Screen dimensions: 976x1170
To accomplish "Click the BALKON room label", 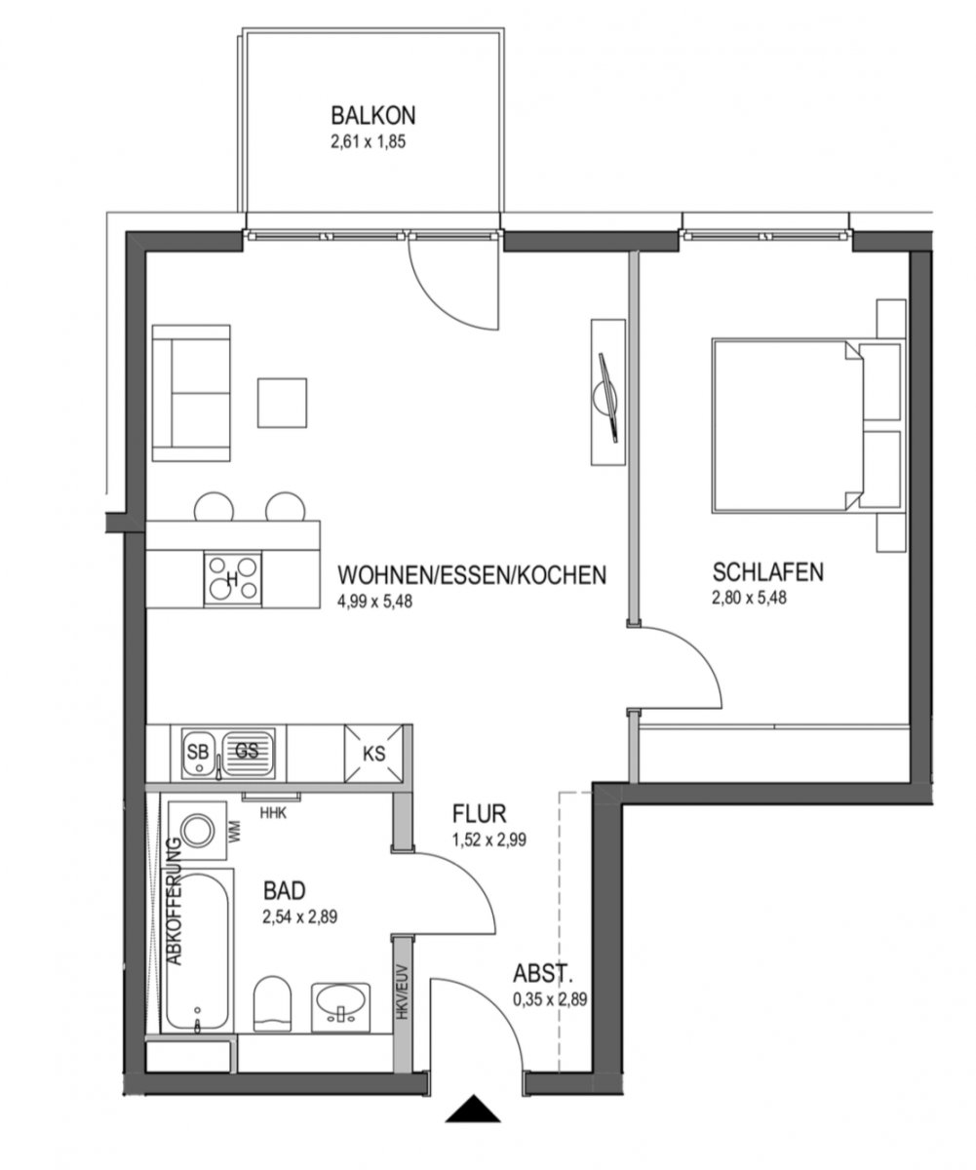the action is (x=373, y=115).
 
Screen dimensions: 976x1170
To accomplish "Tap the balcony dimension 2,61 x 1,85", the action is (x=369, y=142).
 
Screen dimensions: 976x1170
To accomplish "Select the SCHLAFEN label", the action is (x=767, y=572).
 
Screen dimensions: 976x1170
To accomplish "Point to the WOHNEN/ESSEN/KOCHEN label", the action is (x=472, y=575).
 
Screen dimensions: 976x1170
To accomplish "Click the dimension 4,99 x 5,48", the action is (x=374, y=602).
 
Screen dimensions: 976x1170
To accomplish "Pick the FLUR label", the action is (x=480, y=813).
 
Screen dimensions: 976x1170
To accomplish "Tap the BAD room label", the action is (x=285, y=890).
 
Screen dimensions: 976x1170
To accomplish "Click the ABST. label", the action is (x=543, y=974).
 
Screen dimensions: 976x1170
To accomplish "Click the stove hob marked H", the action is (x=232, y=579).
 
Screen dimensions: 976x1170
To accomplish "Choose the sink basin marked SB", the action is (x=197, y=752).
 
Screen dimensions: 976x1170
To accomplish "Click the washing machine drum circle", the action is (x=197, y=830).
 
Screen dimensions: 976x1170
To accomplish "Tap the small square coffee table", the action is (x=282, y=403).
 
